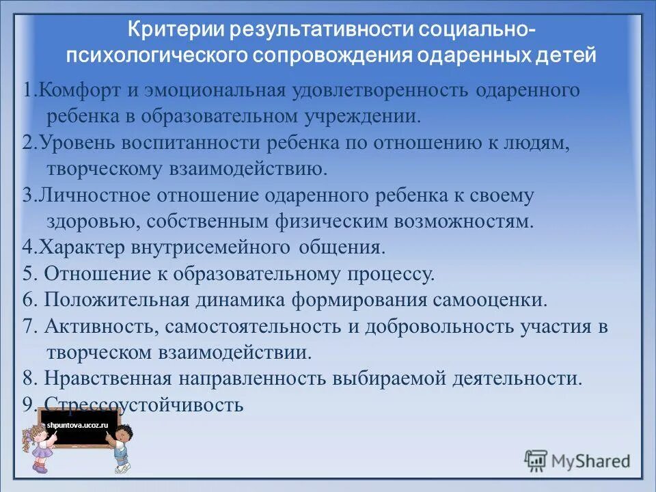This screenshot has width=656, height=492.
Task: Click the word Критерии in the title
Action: tap(176, 31)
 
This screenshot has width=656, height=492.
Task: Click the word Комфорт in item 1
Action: tap(72, 91)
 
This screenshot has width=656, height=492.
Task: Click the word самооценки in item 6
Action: tap(489, 299)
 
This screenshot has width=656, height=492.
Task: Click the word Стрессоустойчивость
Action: tap(144, 405)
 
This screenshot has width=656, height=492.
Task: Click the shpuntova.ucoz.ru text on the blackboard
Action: tap(77, 425)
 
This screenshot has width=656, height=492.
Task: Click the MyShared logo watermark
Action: tap(577, 461)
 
